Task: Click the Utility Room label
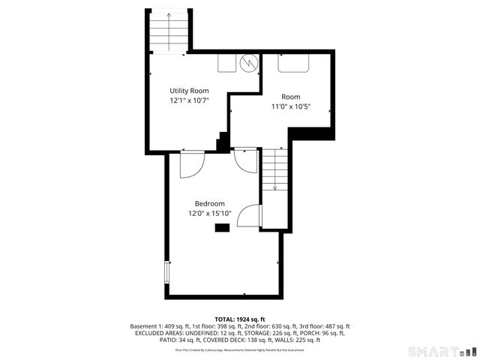[x=189, y=91]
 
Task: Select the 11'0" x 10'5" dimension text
[x=291, y=106]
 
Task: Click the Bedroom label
[x=210, y=204]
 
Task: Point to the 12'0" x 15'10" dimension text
[x=210, y=214]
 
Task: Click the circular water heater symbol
[x=250, y=63]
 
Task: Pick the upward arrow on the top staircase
[x=169, y=19]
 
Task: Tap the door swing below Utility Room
[x=191, y=165]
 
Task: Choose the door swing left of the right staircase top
[x=246, y=160]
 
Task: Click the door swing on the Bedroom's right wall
[x=250, y=216]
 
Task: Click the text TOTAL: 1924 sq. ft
[x=240, y=319]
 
